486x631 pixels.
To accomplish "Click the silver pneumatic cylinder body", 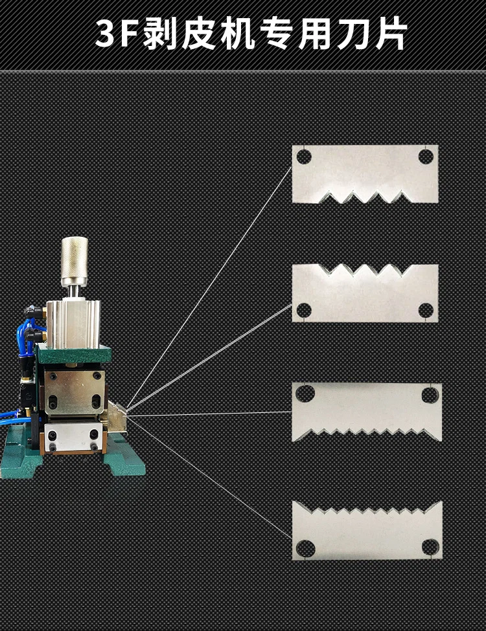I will coord(73,324).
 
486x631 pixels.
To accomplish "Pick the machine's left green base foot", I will coord(16,463).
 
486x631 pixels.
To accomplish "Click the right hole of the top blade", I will coord(425,156).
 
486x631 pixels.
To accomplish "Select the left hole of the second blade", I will coord(304,310).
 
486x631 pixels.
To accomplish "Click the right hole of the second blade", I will coord(425,310).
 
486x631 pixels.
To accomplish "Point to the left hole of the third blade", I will coord(305,393).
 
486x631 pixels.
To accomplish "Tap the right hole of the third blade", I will coord(430,393).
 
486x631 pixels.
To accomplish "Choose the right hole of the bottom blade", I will coord(430,548).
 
